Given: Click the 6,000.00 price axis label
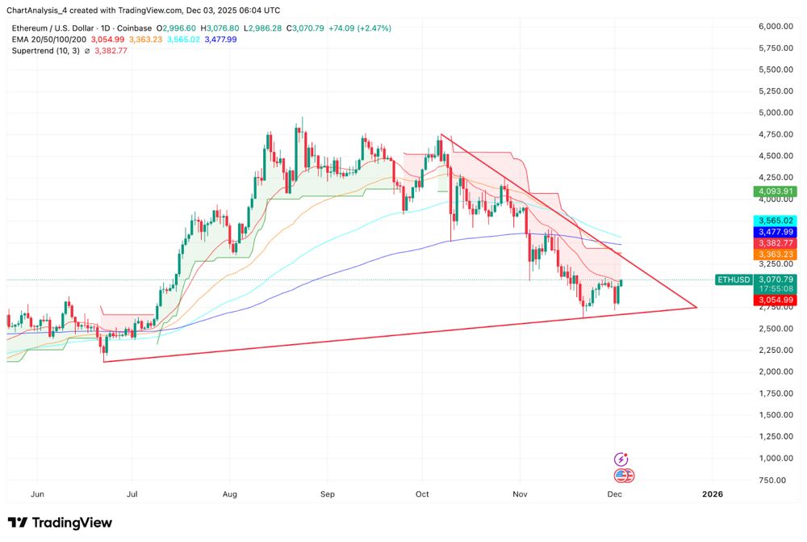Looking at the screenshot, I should (x=776, y=27).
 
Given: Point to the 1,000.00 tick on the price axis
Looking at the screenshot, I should (x=776, y=458).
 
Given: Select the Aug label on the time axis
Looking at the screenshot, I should (x=230, y=494).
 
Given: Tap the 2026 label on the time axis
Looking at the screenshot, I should (x=713, y=494).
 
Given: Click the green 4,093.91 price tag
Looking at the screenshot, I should (x=775, y=191).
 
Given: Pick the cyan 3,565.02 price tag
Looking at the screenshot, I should (x=775, y=221).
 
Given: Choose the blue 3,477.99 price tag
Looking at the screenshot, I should (x=775, y=232).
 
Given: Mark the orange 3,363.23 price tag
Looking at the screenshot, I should (x=775, y=254).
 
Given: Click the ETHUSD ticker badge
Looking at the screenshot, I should (x=734, y=279).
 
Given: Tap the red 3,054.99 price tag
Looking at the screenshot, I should (x=775, y=300).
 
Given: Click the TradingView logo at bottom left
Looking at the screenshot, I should (x=60, y=523).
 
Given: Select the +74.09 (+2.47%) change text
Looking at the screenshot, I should (x=358, y=28).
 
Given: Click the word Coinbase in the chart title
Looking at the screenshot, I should (x=134, y=28).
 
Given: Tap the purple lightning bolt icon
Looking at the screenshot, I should (x=620, y=458).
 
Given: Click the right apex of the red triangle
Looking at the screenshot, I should (x=696, y=308).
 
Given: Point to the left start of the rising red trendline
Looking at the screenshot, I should (x=105, y=361).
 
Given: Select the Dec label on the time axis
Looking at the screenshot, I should (x=615, y=494).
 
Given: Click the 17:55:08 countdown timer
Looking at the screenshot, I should (x=775, y=289).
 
